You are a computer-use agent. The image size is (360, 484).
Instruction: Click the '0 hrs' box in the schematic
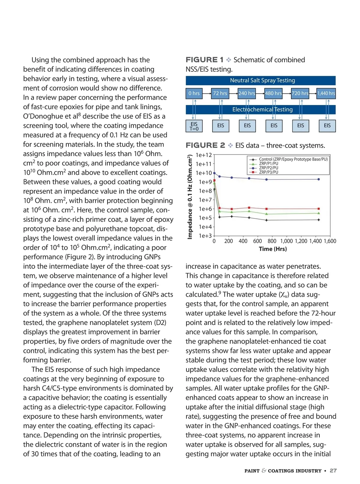coord(194,93)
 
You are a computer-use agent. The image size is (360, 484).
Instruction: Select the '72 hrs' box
coord(220,93)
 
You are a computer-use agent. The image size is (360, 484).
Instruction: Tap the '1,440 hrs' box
coord(326,93)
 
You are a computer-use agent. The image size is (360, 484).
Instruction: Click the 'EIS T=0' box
coord(194,126)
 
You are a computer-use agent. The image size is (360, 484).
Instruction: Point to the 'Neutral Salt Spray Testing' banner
coord(260,80)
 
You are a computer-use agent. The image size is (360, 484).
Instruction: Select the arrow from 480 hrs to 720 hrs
coord(286,93)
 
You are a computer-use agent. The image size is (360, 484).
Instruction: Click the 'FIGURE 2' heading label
coord(205,146)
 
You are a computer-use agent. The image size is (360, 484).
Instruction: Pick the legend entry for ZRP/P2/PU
coord(268,168)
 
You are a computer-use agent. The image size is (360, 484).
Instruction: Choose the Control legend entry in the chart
coord(293,159)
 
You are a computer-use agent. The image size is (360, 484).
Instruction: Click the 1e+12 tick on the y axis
coord(204,155)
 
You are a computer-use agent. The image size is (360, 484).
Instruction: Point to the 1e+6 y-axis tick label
coord(205,209)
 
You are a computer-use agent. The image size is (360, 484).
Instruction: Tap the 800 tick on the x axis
coord(272,241)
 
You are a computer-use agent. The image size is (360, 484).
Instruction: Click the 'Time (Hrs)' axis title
coord(273,249)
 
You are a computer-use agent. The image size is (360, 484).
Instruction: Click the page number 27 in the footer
coord(333,470)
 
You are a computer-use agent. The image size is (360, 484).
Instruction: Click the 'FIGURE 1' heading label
coord(205,60)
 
